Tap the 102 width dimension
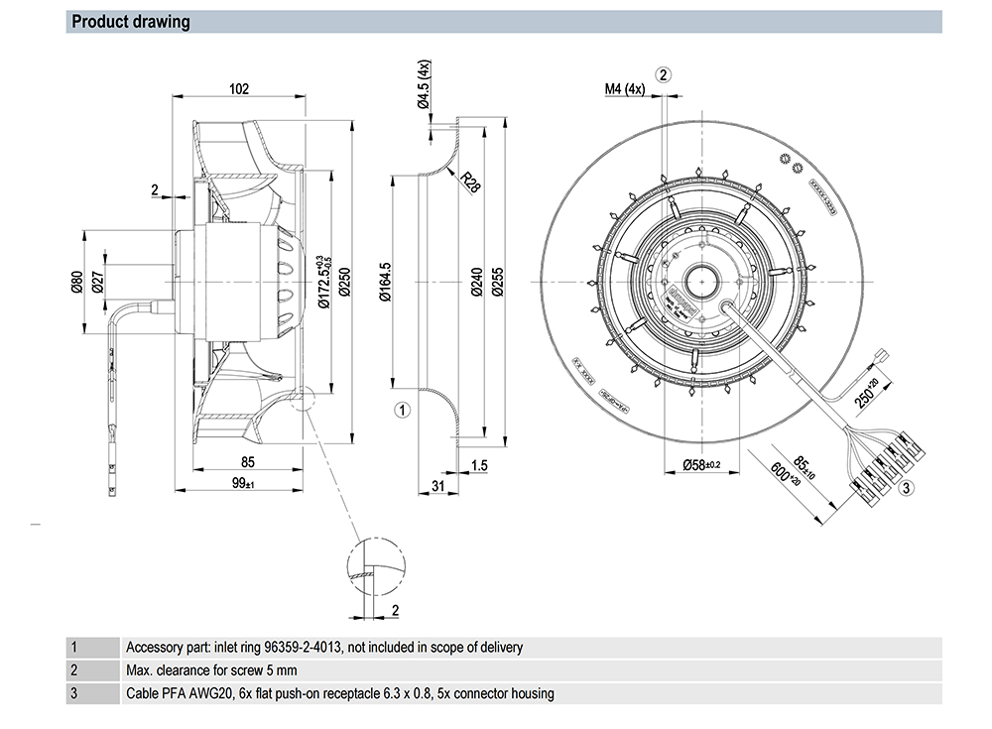[239, 88]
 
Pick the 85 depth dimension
[248, 461]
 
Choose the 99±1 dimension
[242, 483]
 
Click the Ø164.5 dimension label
[386, 282]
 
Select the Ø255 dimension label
[498, 283]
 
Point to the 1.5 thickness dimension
[479, 464]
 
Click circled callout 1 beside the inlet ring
[403, 409]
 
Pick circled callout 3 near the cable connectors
[905, 487]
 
